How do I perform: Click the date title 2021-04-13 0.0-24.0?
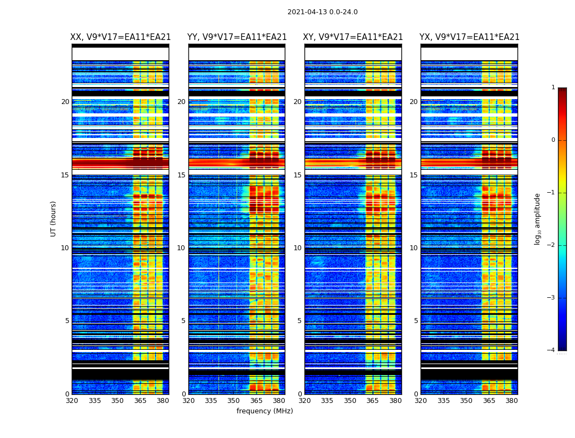coord(323,12)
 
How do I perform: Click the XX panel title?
coord(120,37)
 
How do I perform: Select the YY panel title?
coord(237,37)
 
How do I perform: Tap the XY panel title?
coord(353,37)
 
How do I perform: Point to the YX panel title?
coord(469,37)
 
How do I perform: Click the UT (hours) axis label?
coord(54,218)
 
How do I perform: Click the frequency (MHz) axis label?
coord(264,411)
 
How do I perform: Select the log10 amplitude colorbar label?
coord(538,218)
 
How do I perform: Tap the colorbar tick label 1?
coord(553,88)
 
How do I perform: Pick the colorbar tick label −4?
coord(551,350)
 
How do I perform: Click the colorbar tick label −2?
coord(551,245)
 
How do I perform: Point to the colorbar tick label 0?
coord(553,140)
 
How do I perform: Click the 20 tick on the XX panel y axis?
coord(65,102)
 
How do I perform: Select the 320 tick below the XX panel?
coord(72,401)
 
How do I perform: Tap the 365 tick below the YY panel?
coord(256,401)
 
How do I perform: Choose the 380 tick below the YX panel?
coord(511,401)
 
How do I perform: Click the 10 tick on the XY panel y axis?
coord(297,248)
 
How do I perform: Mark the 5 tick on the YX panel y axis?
coord(416,321)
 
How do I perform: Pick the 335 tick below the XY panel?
coord(327,401)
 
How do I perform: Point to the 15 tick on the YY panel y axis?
coord(181,175)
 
